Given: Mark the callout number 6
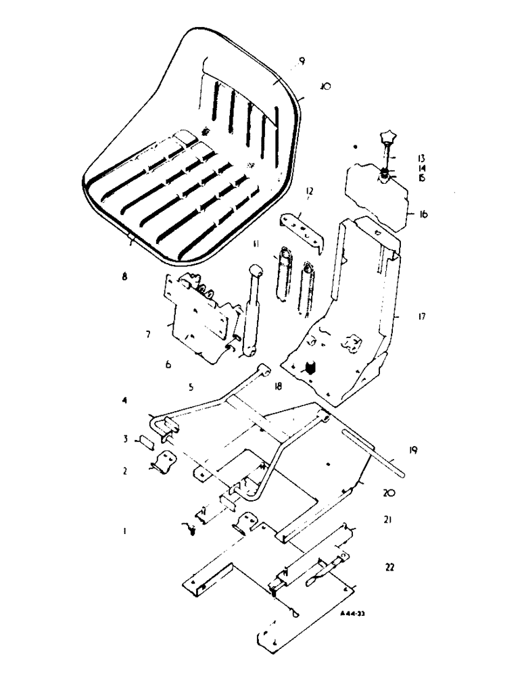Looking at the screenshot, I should (168, 364).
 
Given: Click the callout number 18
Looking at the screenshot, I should (277, 387).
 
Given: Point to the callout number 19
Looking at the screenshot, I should (413, 449).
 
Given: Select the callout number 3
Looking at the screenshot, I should (125, 439).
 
